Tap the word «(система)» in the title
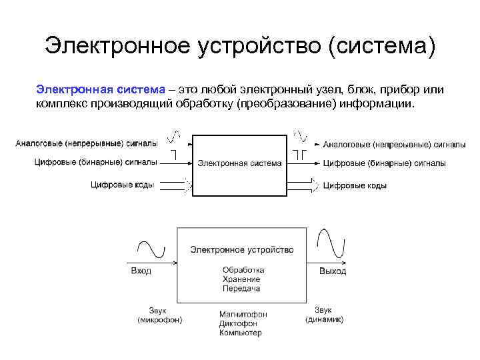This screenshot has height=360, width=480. pos(388,46)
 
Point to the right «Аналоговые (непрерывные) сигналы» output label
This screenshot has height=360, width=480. pos(394,143)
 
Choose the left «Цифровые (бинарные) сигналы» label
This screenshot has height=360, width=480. pos(95,161)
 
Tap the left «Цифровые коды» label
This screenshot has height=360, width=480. pos(123,185)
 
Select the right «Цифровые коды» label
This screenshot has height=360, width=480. pos(355,185)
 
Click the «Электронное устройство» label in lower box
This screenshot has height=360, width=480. pos(241,250)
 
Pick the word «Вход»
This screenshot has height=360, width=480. pos(141,271)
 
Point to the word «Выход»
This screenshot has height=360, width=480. pos(333,271)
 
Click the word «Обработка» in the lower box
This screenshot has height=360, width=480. pos(243,270)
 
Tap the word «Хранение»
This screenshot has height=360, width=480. pos(241,279)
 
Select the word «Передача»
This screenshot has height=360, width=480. pos(241,289)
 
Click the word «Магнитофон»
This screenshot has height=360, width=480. pos(243,314)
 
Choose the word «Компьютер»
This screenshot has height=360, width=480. pos(241,333)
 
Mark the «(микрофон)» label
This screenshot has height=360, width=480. pos(161,320)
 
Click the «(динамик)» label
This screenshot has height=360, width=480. pos(325,319)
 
